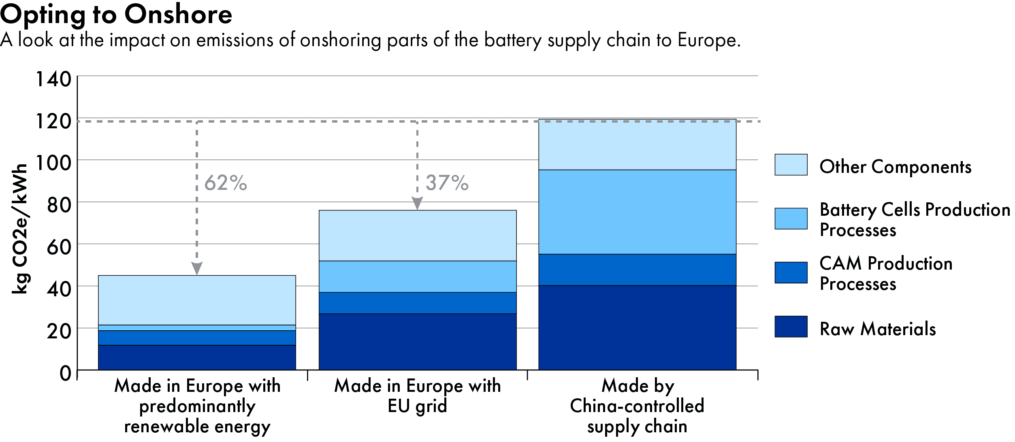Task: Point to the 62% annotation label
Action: pos(226,183)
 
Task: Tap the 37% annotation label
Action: pos(447,183)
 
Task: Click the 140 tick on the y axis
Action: pos(53,79)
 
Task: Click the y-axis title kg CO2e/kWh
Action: pos(19,229)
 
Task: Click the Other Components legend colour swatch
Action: pos(791,165)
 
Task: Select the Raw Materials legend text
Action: pos(878,329)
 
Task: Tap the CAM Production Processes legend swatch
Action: pos(791,272)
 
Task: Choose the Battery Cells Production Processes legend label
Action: pos(914,220)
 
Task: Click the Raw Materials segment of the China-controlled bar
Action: pos(637,327)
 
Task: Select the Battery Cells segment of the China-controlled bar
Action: pos(637,212)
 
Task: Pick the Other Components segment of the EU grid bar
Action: pos(418,236)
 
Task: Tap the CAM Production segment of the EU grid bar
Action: pos(418,303)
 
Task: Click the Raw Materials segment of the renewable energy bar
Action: pos(197,357)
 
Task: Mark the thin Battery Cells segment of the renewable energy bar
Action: pos(197,328)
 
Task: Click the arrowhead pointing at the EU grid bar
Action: pos(417,203)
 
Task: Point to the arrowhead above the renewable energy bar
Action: pos(197,268)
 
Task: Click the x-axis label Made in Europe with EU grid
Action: pos(418,396)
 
